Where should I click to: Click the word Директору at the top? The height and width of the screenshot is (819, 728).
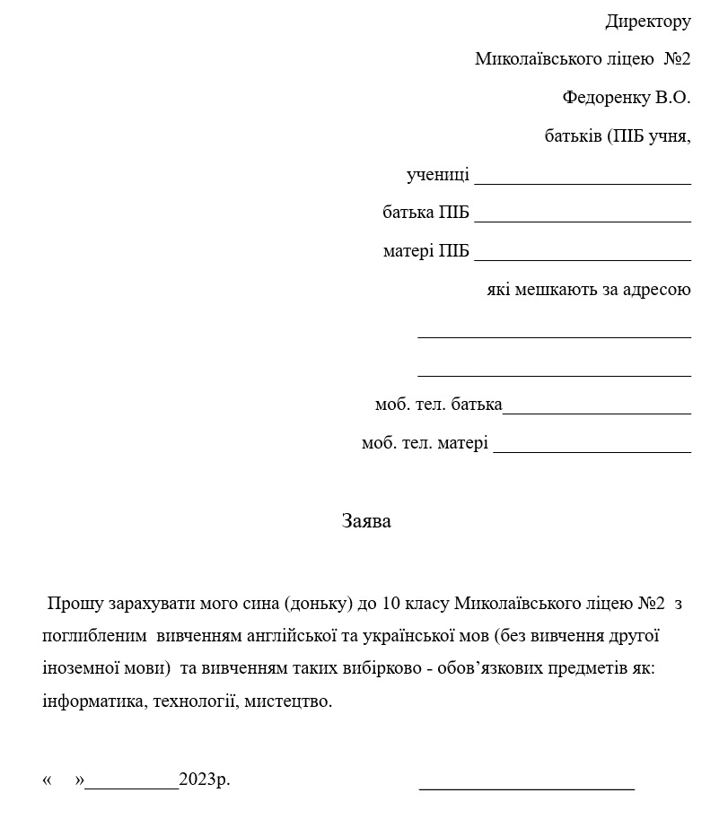click(648, 22)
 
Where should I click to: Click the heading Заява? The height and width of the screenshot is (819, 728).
click(366, 521)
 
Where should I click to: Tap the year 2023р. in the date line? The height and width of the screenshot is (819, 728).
click(205, 780)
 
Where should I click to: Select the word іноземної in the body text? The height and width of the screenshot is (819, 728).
click(82, 669)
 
